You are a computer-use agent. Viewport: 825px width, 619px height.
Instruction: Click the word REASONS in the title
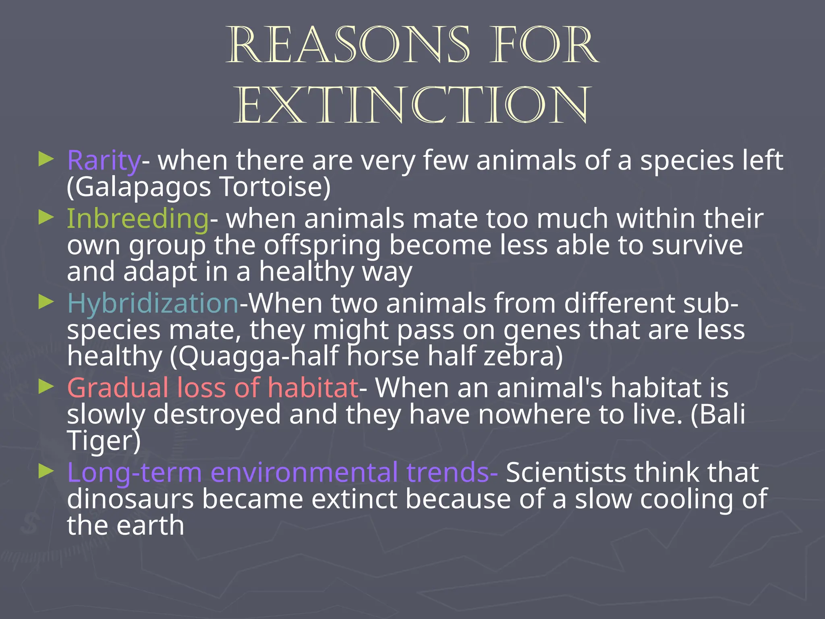coord(349,45)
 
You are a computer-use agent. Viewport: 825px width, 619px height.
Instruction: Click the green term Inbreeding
coord(137,218)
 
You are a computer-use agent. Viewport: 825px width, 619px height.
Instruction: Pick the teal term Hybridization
coord(153,303)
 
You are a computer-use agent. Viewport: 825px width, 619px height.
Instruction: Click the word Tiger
coord(103,441)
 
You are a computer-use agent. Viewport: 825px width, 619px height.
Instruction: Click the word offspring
coord(322,246)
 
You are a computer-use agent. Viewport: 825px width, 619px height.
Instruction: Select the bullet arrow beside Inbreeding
coord(46,218)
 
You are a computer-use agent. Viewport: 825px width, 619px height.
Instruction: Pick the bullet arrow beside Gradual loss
coord(46,387)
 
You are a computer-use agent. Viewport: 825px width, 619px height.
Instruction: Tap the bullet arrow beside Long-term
coord(46,471)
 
